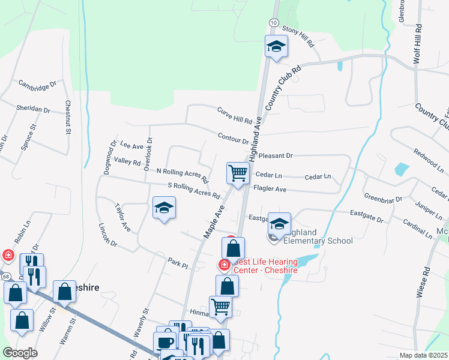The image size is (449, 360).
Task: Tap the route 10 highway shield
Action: [273, 22]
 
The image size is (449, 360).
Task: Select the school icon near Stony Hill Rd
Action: [276, 46]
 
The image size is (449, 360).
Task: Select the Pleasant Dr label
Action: [276, 155]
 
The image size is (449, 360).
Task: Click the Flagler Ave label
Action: [270, 189]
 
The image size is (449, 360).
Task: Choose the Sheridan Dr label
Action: [34, 109]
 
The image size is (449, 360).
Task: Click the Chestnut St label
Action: [68, 118]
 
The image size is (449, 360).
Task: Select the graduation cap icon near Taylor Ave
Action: [164, 208]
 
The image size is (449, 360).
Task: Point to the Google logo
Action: [20, 353]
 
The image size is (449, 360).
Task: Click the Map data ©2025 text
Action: [423, 355]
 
